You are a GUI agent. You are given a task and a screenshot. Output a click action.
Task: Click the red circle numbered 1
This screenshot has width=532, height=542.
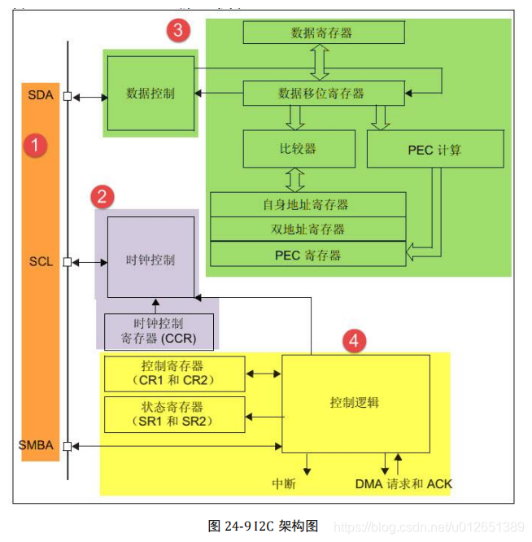[x=33, y=146]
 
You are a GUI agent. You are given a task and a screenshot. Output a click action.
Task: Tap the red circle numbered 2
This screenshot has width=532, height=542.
[x=101, y=196]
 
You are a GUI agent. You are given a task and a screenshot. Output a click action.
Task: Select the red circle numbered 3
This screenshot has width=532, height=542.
[x=178, y=31]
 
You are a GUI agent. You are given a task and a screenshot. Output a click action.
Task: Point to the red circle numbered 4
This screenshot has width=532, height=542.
[x=352, y=340]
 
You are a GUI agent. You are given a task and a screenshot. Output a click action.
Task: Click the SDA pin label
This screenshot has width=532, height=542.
[x=40, y=95]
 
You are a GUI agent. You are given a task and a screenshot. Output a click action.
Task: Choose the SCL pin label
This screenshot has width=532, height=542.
[x=40, y=262]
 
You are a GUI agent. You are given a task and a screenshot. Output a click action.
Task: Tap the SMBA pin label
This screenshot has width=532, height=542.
[x=36, y=445]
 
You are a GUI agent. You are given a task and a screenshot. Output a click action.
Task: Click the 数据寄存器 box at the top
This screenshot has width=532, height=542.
[x=322, y=33]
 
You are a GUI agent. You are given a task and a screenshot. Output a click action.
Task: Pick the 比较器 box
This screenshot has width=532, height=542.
[x=299, y=149]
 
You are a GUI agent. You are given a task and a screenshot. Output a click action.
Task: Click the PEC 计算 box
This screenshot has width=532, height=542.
[x=434, y=150]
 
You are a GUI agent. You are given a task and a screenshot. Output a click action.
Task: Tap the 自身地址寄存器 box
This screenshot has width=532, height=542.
[x=307, y=204]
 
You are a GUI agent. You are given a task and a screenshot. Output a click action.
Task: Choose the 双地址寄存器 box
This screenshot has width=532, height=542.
[x=307, y=229]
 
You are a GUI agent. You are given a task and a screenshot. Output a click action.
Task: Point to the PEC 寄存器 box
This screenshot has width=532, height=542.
[x=307, y=254]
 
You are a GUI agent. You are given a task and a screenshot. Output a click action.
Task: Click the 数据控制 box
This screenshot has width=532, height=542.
[x=150, y=93]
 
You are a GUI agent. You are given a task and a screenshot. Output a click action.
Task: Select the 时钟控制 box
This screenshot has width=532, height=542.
[x=150, y=260]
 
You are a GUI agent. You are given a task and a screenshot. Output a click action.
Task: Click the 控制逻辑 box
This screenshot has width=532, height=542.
[x=354, y=402]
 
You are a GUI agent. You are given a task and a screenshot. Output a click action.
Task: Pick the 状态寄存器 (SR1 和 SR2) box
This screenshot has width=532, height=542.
[x=174, y=414]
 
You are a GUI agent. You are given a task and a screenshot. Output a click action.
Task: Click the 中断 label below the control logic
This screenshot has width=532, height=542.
[x=283, y=484]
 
